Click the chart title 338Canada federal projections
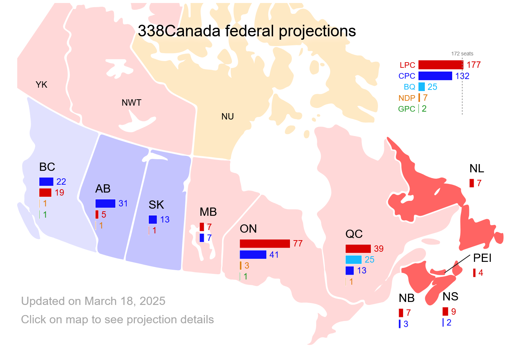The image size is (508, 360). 247,31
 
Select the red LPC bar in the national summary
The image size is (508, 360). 440,65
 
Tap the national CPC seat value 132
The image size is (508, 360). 462,76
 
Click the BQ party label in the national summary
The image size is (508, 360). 409,87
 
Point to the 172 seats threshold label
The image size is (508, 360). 462,54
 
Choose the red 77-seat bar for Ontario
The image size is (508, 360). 264,243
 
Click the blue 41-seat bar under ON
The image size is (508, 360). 253,255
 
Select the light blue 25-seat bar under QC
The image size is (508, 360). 353,260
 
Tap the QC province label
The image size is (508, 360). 354,234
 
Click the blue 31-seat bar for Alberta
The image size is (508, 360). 105,203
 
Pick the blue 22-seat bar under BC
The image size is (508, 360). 46,182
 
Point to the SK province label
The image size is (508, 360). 156,205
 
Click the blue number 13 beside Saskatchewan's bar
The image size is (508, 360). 165,220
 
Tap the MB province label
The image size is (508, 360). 208,212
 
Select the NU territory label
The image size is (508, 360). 227,117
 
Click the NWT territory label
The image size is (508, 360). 131,103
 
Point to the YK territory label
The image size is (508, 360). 42,85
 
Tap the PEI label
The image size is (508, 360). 482,258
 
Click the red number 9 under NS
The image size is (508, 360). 453,312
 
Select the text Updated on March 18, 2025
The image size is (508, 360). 93,301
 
